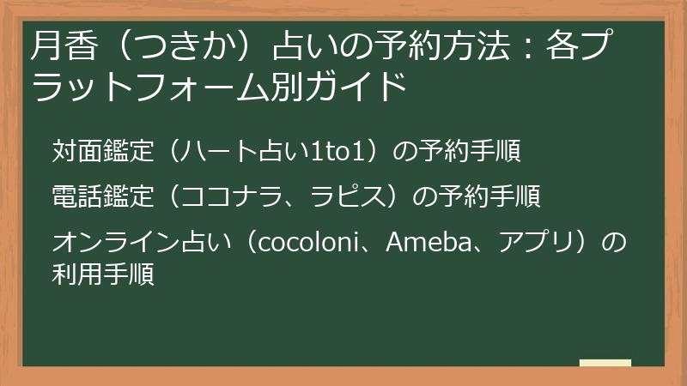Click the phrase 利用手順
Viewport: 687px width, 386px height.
(103, 276)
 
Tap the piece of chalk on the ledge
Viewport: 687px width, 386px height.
(605, 363)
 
